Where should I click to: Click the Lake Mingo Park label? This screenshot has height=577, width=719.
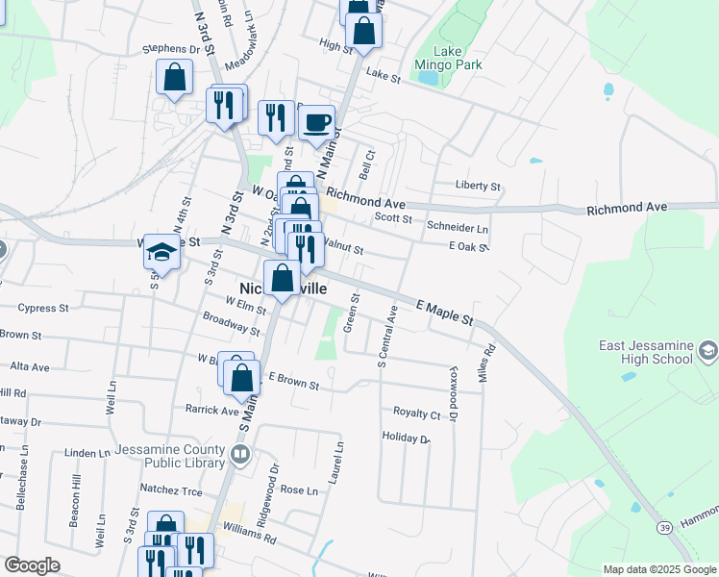tap(447, 58)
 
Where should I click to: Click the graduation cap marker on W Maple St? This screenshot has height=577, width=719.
tap(162, 253)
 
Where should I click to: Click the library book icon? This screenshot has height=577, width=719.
tap(240, 453)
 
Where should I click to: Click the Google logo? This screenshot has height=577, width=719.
tap(32, 565)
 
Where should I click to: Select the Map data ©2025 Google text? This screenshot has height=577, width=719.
tap(659, 569)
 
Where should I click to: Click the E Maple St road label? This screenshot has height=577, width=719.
tap(445, 312)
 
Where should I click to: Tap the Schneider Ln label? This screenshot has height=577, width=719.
tap(458, 229)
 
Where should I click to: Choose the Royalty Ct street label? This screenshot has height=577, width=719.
tap(416, 414)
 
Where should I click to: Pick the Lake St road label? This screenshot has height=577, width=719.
tap(383, 75)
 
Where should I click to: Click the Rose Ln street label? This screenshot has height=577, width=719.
tap(298, 490)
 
